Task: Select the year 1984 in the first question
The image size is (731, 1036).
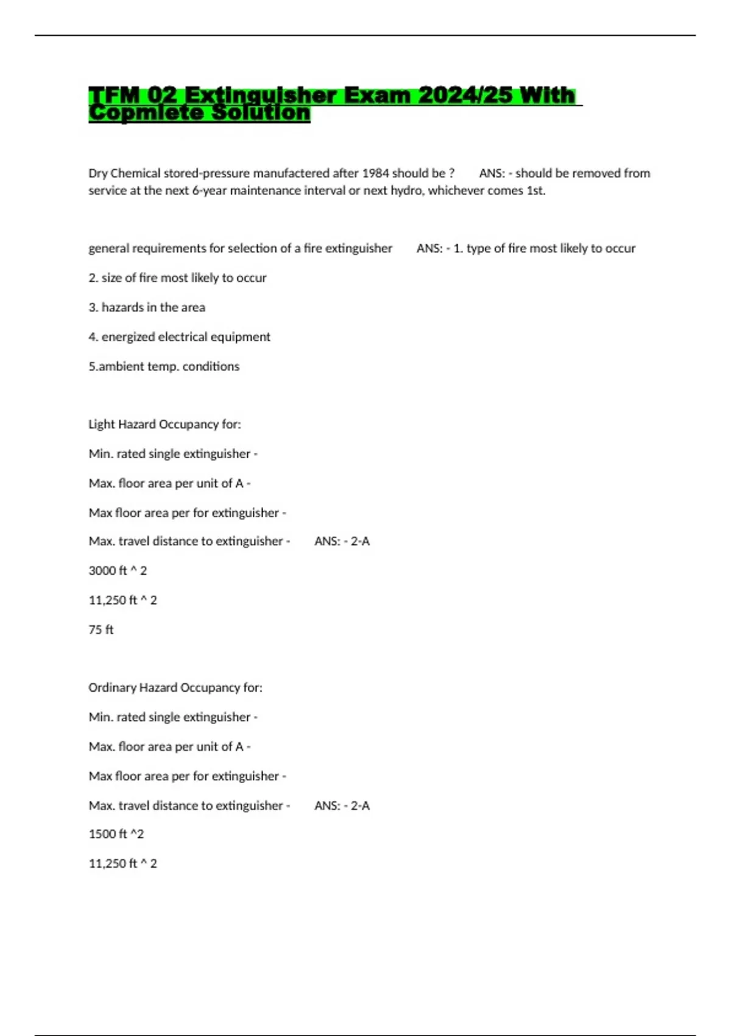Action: (x=375, y=173)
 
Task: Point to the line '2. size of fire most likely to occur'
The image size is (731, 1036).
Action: (x=177, y=278)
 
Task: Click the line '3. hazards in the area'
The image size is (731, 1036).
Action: (x=147, y=308)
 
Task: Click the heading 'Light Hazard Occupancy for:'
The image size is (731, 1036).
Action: (x=164, y=424)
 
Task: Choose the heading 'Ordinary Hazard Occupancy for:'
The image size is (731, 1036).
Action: (x=175, y=687)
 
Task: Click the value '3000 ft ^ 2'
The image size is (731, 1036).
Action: (x=118, y=571)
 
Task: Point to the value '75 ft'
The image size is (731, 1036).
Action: (x=101, y=630)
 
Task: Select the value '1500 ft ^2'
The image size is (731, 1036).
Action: (x=116, y=834)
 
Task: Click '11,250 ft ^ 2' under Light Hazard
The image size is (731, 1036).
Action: (x=122, y=600)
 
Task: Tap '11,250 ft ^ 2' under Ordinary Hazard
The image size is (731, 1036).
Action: (x=122, y=864)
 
